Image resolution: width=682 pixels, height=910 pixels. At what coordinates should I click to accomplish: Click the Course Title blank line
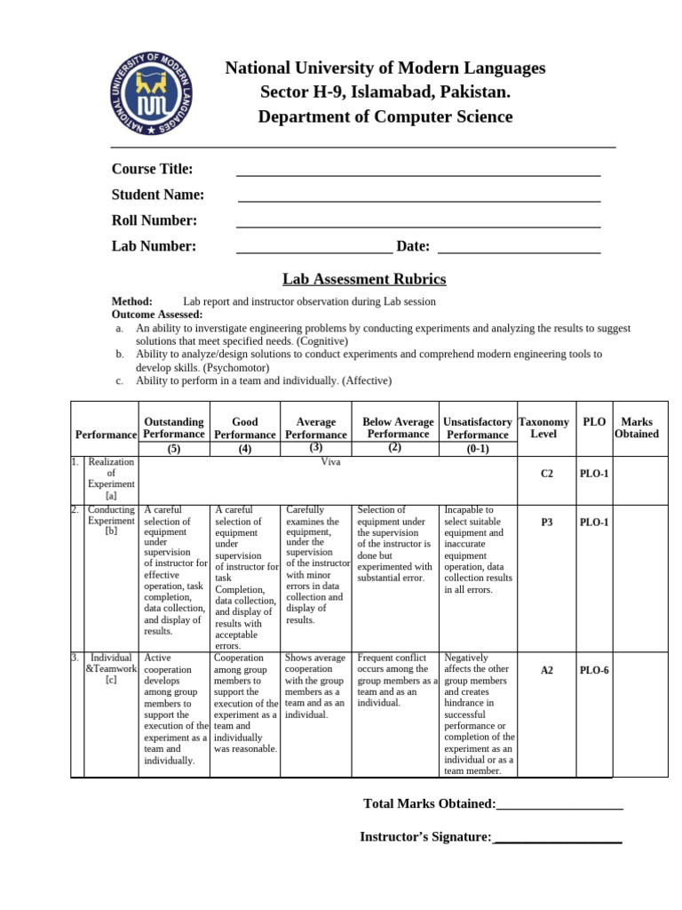(418, 174)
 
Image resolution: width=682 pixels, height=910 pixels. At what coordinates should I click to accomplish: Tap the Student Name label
(158, 195)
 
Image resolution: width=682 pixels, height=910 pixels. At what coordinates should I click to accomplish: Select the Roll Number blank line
(418, 226)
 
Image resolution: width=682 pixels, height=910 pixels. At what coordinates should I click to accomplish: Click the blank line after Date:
(519, 252)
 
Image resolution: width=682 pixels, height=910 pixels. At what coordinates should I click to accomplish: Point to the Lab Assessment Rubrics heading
(364, 279)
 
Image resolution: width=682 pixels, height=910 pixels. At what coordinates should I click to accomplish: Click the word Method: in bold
(131, 301)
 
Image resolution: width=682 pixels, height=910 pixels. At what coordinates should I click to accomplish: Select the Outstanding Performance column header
(174, 427)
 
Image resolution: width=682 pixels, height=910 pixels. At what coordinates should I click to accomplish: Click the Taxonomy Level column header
(543, 427)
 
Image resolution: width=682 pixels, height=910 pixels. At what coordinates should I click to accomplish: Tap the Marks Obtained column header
(637, 427)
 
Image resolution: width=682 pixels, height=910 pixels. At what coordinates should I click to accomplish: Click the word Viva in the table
(330, 462)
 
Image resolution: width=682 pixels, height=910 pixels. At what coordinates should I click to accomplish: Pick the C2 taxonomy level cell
(547, 475)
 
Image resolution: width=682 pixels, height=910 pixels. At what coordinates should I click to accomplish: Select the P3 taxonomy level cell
(547, 523)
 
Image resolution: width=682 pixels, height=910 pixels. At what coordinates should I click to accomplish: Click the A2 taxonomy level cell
(547, 670)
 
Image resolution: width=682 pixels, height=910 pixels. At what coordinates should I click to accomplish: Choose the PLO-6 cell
(594, 670)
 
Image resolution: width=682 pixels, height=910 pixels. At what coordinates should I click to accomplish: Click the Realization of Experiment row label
(111, 479)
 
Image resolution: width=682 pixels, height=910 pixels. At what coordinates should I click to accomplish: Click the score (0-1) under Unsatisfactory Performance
(478, 449)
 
